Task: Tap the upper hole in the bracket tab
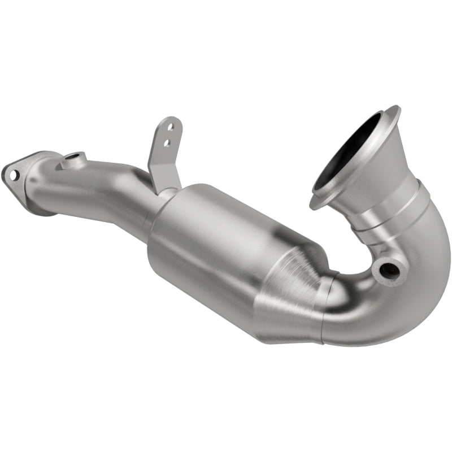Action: click(x=168, y=129)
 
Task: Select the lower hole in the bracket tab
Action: click(x=166, y=143)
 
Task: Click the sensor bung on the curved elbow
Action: click(x=390, y=270)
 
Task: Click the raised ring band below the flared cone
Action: click(x=395, y=212)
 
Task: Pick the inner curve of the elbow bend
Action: click(x=367, y=266)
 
